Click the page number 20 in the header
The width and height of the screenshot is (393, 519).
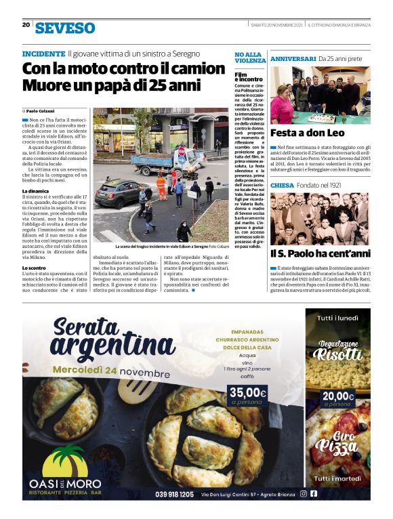point(26,25)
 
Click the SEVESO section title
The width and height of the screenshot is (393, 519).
point(65,28)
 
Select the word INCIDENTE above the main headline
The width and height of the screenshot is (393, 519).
point(43,54)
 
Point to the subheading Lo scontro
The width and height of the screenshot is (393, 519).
point(34,268)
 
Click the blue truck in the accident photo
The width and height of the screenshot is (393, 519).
point(156,163)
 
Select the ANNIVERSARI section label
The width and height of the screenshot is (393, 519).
point(293,60)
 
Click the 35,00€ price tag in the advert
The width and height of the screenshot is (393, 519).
point(248,392)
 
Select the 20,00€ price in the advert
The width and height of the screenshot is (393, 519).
point(338,396)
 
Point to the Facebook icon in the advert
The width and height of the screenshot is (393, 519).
point(314,494)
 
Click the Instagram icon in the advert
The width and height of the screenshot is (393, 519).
point(303,494)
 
